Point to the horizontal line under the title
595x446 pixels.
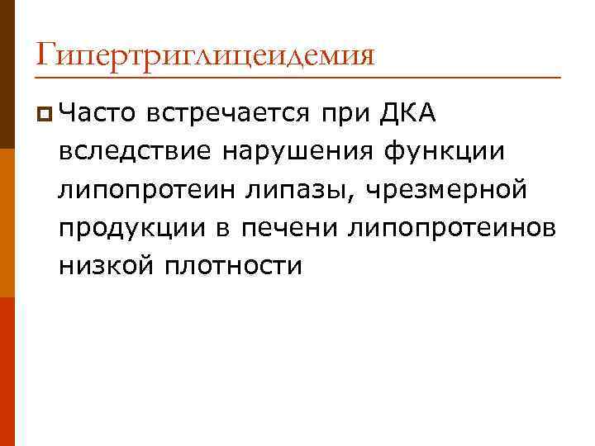(x=297, y=77)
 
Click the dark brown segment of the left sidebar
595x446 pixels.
(x=7, y=74)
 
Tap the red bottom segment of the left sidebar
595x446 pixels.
(x=7, y=372)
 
